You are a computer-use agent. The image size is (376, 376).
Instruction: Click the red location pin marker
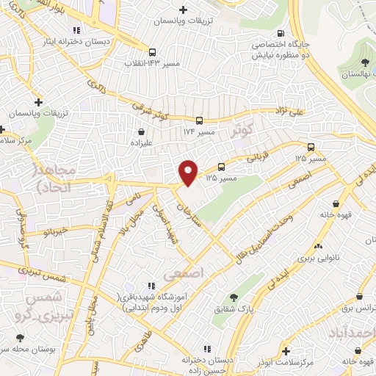click(x=189, y=171)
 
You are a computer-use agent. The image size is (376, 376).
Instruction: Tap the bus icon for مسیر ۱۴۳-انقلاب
click(x=152, y=53)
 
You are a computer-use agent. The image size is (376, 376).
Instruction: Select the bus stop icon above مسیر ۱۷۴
click(x=199, y=120)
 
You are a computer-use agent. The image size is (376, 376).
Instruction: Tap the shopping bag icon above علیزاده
click(x=139, y=132)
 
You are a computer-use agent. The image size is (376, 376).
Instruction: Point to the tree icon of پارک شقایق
click(x=234, y=297)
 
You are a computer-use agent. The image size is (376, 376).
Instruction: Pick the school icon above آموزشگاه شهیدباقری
click(x=151, y=285)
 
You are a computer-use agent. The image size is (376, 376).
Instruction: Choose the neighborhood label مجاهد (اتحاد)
click(x=38, y=178)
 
